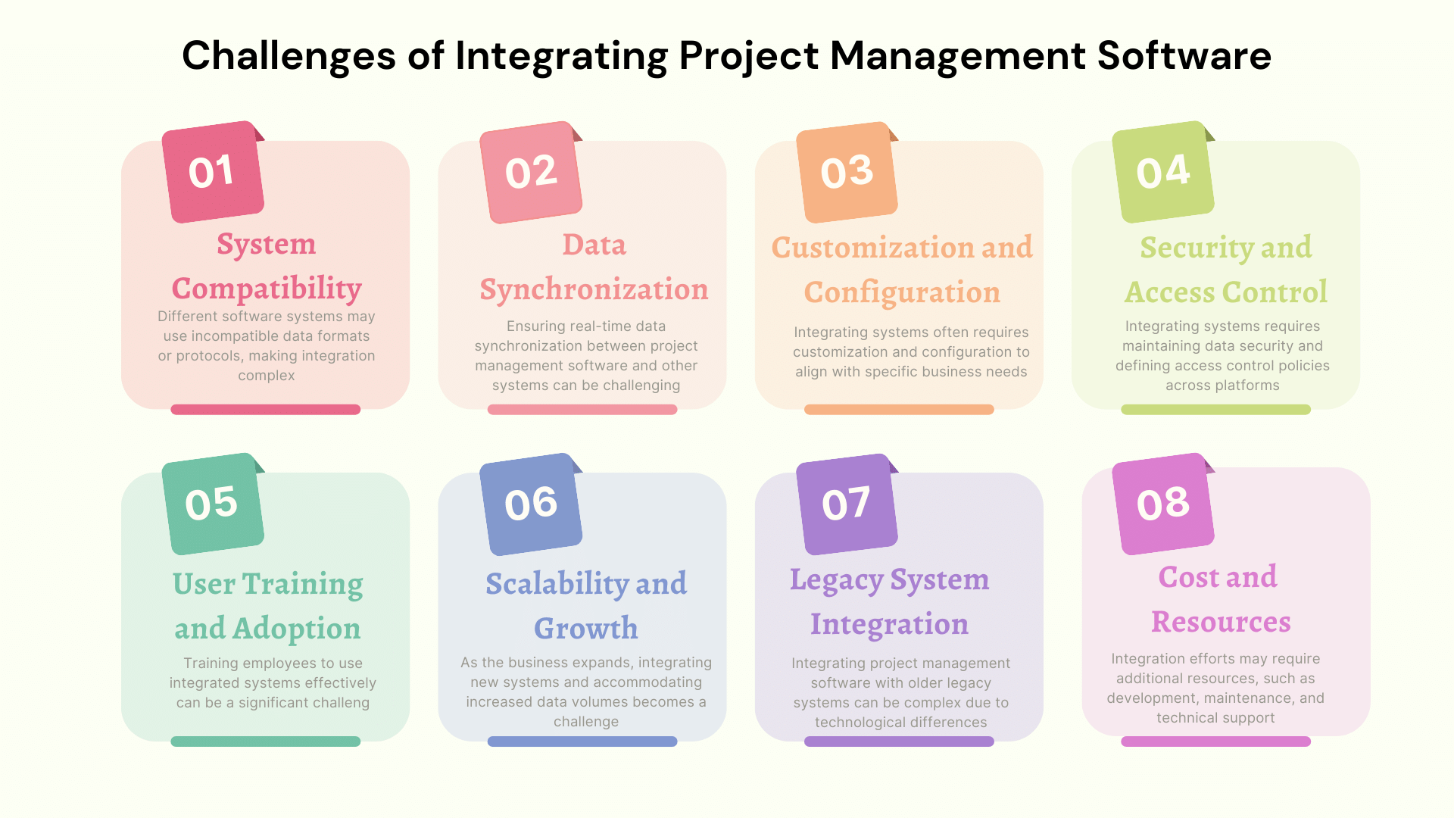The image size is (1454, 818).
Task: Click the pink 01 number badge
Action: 213,172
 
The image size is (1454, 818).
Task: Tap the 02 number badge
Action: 531,172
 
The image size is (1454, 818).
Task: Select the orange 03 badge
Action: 847,172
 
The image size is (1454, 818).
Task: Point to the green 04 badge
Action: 1163,172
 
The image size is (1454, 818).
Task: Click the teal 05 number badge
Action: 213,504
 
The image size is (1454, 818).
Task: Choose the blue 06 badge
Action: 531,504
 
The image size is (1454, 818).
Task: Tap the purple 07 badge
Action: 847,504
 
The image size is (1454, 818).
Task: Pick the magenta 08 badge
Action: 1163,504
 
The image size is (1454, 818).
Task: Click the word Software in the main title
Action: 1184,56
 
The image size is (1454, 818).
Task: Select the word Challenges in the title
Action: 289,56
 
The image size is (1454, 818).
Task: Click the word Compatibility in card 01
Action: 267,289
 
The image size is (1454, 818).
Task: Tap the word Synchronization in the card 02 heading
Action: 594,289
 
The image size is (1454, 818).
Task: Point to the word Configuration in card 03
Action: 902,292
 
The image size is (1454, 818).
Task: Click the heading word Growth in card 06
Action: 586,628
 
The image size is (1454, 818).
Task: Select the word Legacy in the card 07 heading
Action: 836,580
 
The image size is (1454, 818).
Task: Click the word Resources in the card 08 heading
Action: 1221,622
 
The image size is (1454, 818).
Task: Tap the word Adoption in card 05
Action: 296,629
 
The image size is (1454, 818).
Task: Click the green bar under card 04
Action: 1215,410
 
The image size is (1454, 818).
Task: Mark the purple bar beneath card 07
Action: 899,742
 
